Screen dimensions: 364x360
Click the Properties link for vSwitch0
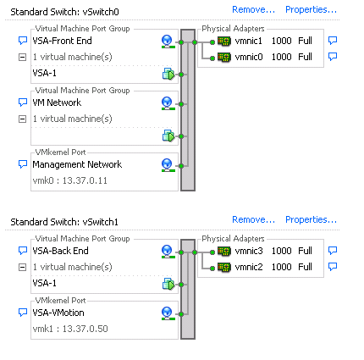311,10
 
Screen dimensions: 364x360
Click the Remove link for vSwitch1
253,219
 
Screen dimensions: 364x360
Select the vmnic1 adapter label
249,41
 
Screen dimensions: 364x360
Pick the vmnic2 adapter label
249,267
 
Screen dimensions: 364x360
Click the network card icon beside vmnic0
224,58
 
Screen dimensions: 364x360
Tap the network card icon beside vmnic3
224,251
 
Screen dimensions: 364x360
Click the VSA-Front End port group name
62,41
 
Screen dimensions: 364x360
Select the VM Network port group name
57,102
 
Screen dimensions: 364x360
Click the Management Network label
77,164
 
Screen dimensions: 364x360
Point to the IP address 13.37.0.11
85,180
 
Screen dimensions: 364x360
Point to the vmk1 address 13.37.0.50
85,329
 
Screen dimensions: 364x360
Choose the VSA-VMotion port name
58,313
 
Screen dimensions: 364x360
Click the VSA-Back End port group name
60,251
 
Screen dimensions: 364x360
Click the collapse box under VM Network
22,119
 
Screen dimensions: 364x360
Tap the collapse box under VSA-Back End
22,267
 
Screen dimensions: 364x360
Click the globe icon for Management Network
167,165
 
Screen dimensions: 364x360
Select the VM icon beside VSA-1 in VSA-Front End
168,74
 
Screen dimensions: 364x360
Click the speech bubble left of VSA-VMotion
23,313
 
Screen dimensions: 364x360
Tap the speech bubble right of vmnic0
333,57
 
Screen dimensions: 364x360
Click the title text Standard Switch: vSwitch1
64,222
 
